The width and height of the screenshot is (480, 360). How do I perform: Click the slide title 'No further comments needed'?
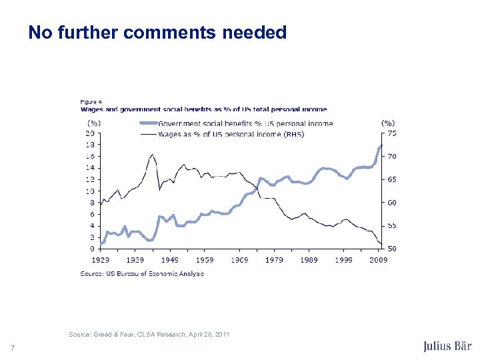click(x=157, y=32)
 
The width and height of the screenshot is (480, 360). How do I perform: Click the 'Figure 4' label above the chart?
click(x=91, y=101)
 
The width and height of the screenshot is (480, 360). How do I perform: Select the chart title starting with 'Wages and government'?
click(x=203, y=109)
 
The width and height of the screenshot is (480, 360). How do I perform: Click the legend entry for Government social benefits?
click(x=245, y=123)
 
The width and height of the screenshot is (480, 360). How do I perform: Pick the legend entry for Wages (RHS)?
click(x=231, y=134)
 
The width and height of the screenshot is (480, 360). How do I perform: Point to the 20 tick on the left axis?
click(x=89, y=133)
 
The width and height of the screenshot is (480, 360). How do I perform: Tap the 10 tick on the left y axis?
click(x=89, y=191)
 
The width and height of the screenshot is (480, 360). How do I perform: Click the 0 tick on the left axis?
click(x=91, y=249)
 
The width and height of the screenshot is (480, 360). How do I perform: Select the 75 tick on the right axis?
click(x=392, y=133)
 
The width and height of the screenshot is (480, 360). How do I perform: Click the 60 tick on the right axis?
click(x=392, y=203)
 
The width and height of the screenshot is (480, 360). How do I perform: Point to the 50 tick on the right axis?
click(x=392, y=249)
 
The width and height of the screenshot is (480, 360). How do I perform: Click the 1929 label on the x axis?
click(x=100, y=259)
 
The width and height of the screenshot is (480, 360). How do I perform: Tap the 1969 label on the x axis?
click(x=240, y=259)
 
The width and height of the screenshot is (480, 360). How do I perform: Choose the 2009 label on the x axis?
click(x=379, y=259)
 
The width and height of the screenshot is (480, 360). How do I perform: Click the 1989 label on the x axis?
click(x=309, y=259)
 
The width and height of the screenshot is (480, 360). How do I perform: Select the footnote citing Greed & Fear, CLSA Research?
click(x=149, y=334)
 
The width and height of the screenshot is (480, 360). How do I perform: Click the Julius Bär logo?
click(x=447, y=346)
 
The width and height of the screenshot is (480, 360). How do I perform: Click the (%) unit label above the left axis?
click(x=94, y=123)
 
